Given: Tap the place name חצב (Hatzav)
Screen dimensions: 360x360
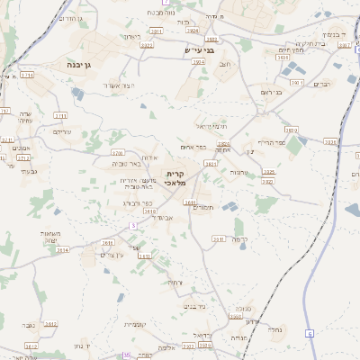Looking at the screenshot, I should (x=225, y=65).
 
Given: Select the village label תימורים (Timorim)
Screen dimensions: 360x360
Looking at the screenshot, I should (x=203, y=208).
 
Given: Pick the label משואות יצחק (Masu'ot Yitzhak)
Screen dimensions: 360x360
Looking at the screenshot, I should (x=49, y=237).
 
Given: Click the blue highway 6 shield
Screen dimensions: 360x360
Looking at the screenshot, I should (x=309, y=334).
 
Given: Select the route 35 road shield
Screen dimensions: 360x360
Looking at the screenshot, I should (x=126, y=355).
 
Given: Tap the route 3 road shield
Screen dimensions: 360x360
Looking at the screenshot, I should (x=133, y=225).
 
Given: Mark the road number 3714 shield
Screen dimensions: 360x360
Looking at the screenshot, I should (x=27, y=76).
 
